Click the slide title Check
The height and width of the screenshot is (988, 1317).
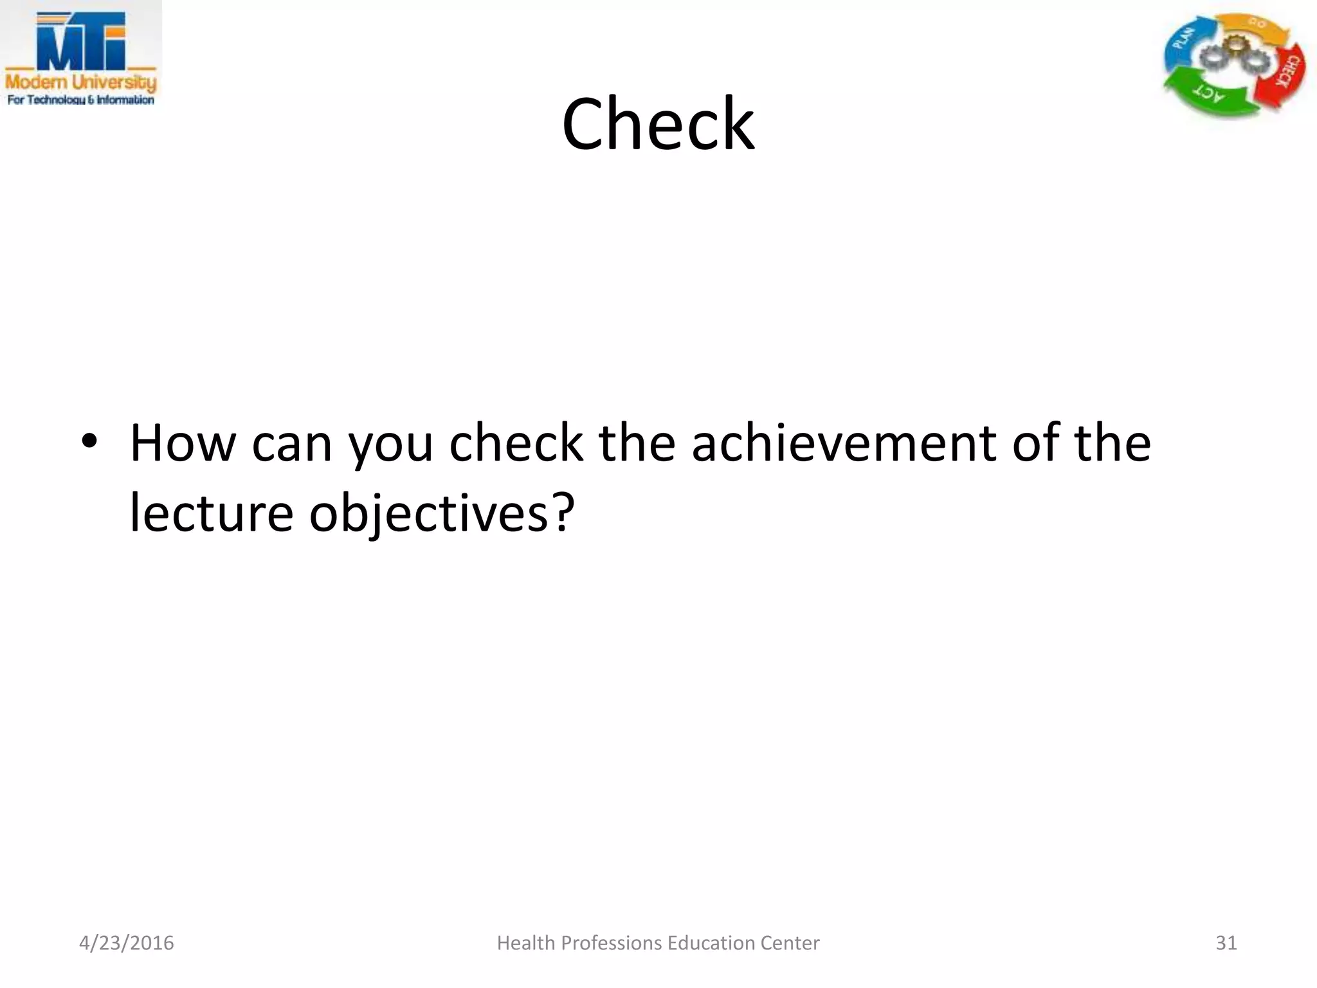[x=658, y=123]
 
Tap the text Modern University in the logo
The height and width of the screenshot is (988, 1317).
[x=81, y=82]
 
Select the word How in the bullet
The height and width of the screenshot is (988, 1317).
[x=183, y=444]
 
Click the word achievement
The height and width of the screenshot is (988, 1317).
[x=844, y=444]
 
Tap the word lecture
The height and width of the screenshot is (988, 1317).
[x=212, y=513]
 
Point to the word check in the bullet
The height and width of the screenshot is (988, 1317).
[x=516, y=444]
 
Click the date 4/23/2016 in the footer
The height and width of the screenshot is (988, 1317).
[x=127, y=943]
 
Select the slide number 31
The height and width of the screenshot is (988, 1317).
[x=1226, y=943]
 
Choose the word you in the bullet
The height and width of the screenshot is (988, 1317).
[x=391, y=447]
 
